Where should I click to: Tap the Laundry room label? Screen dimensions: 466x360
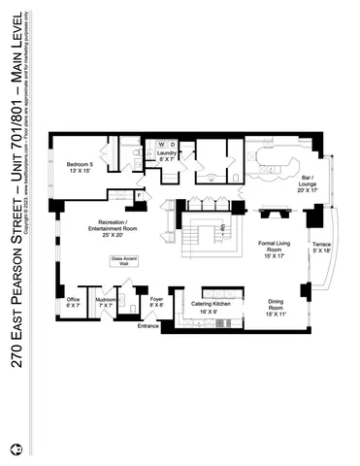click(166, 158)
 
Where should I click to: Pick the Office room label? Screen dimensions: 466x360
click(74, 302)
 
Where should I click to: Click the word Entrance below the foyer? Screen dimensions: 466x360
click(147, 325)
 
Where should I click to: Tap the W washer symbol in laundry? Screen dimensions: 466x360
click(160, 144)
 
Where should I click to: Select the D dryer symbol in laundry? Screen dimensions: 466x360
click(173, 144)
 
